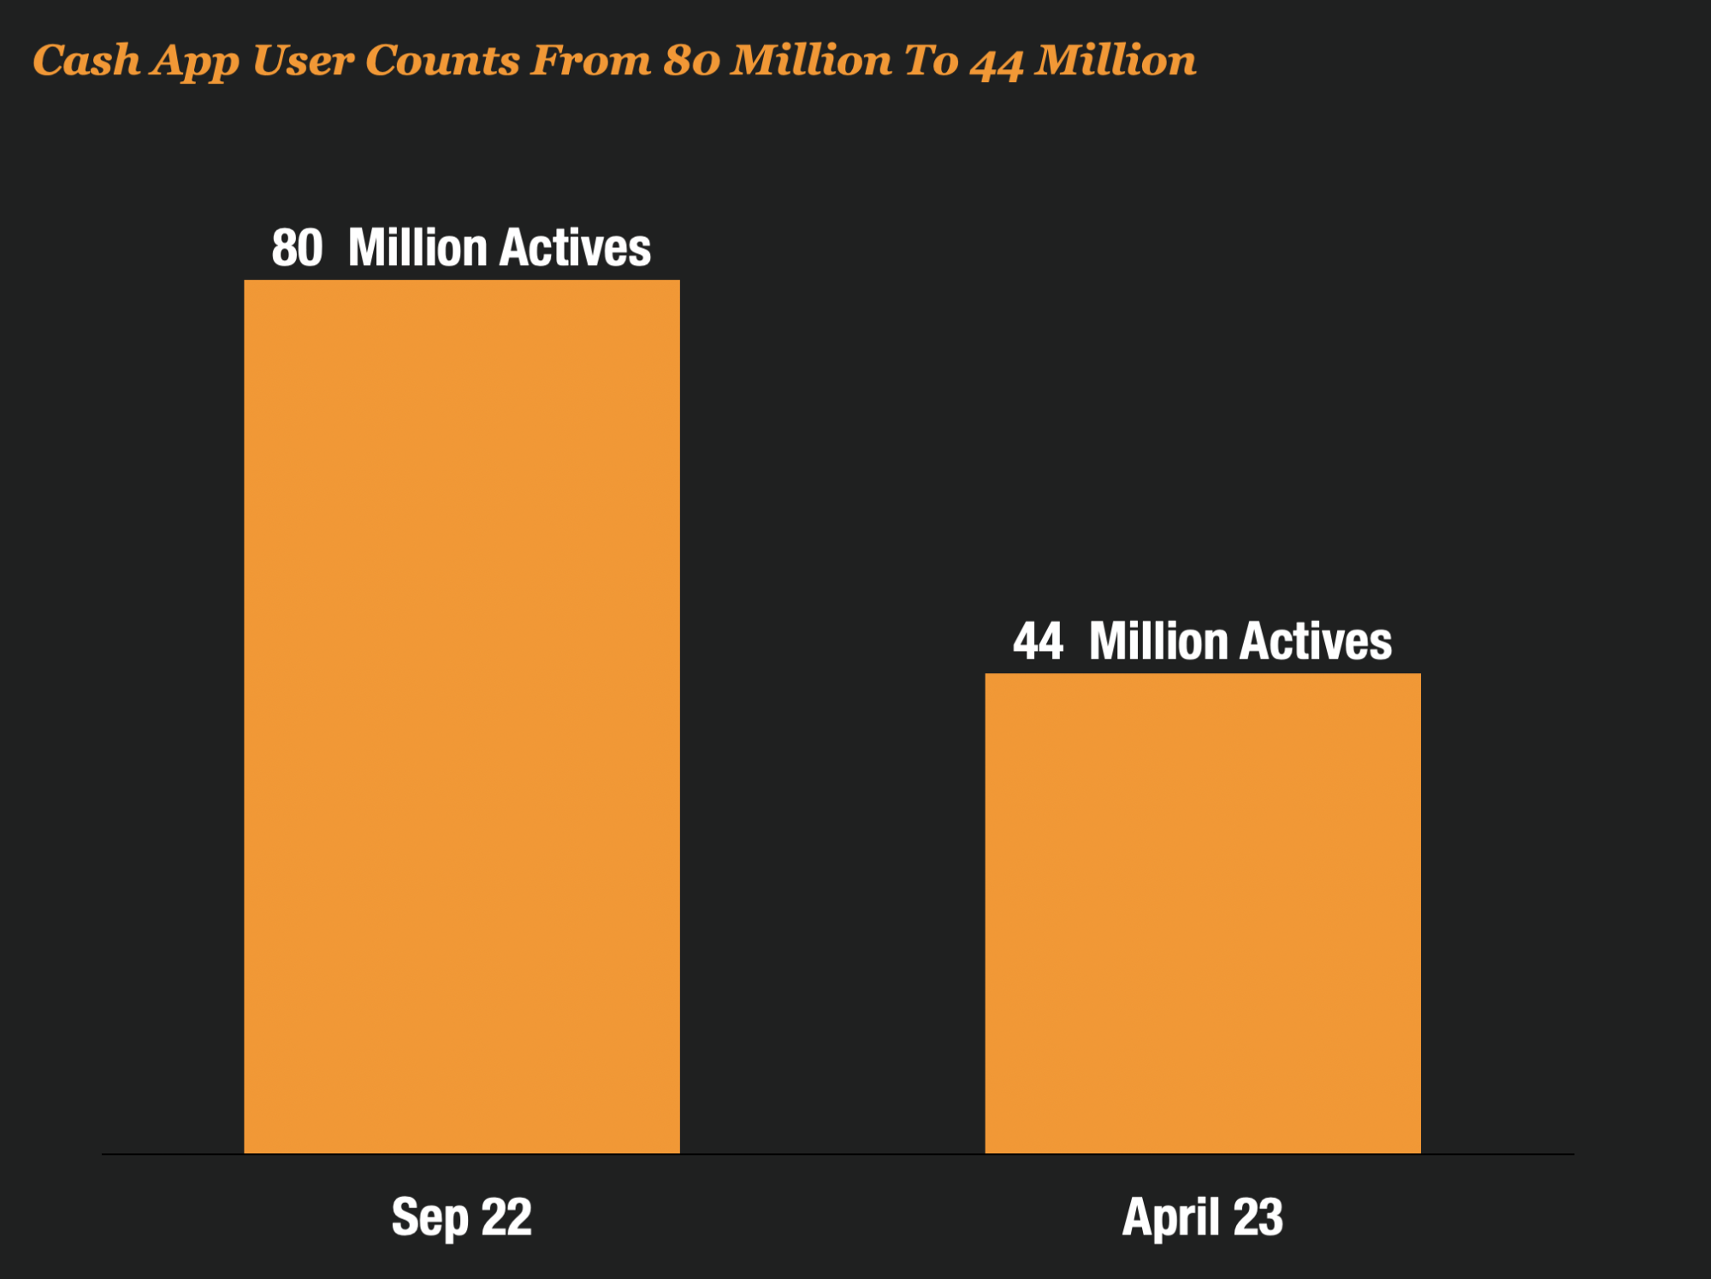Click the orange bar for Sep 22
point(462,717)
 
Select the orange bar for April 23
point(1203,913)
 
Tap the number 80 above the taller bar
point(297,248)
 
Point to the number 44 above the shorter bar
point(1038,642)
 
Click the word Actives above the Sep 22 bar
point(575,248)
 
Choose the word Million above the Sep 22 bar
point(417,248)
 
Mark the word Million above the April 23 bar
point(1158,642)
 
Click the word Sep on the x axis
point(429,1218)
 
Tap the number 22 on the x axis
point(506,1217)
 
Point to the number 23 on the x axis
point(1258,1217)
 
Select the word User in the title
point(302,61)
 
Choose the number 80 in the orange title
point(691,61)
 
